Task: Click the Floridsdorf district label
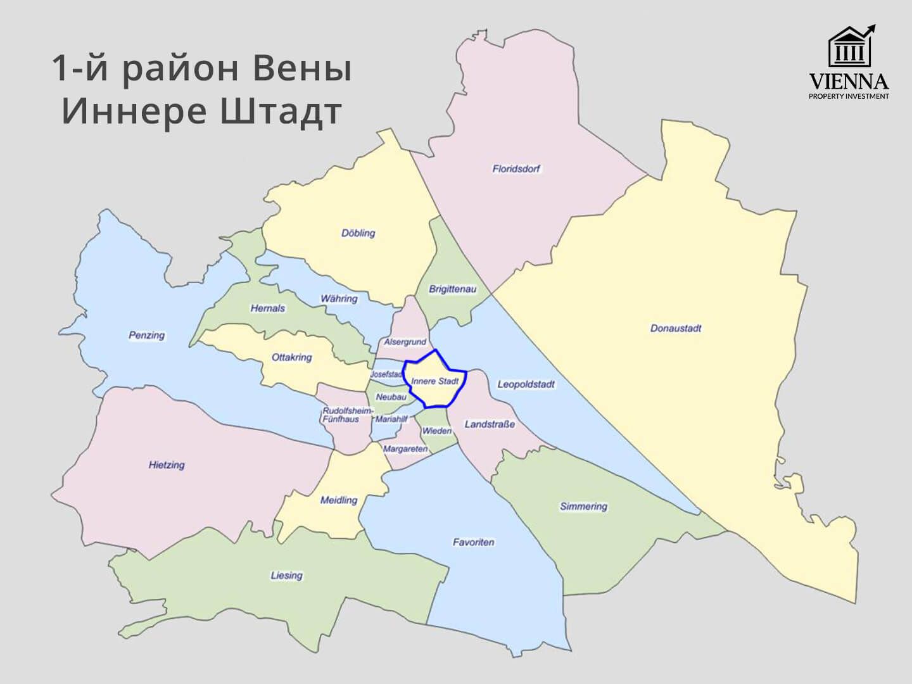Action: (516, 169)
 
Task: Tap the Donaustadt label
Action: (676, 328)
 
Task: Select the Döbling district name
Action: (358, 233)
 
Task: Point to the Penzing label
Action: (147, 335)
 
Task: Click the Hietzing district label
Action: (167, 465)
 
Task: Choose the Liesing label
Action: (287, 575)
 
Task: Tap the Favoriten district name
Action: (473, 542)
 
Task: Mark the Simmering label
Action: (583, 506)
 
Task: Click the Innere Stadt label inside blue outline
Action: (434, 381)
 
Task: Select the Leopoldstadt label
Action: (526, 384)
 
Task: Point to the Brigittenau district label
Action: (452, 289)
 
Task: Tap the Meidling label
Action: (339, 500)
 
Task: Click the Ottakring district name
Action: (292, 357)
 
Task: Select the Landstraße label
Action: (490, 424)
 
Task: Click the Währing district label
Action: (339, 298)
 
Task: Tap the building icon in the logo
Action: (850, 47)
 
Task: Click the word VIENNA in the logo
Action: (849, 82)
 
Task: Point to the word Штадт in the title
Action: (281, 111)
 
